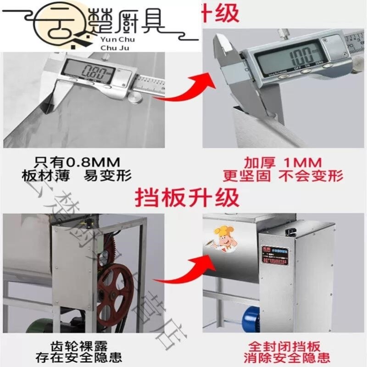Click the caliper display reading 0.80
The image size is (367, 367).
tap(90, 72)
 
